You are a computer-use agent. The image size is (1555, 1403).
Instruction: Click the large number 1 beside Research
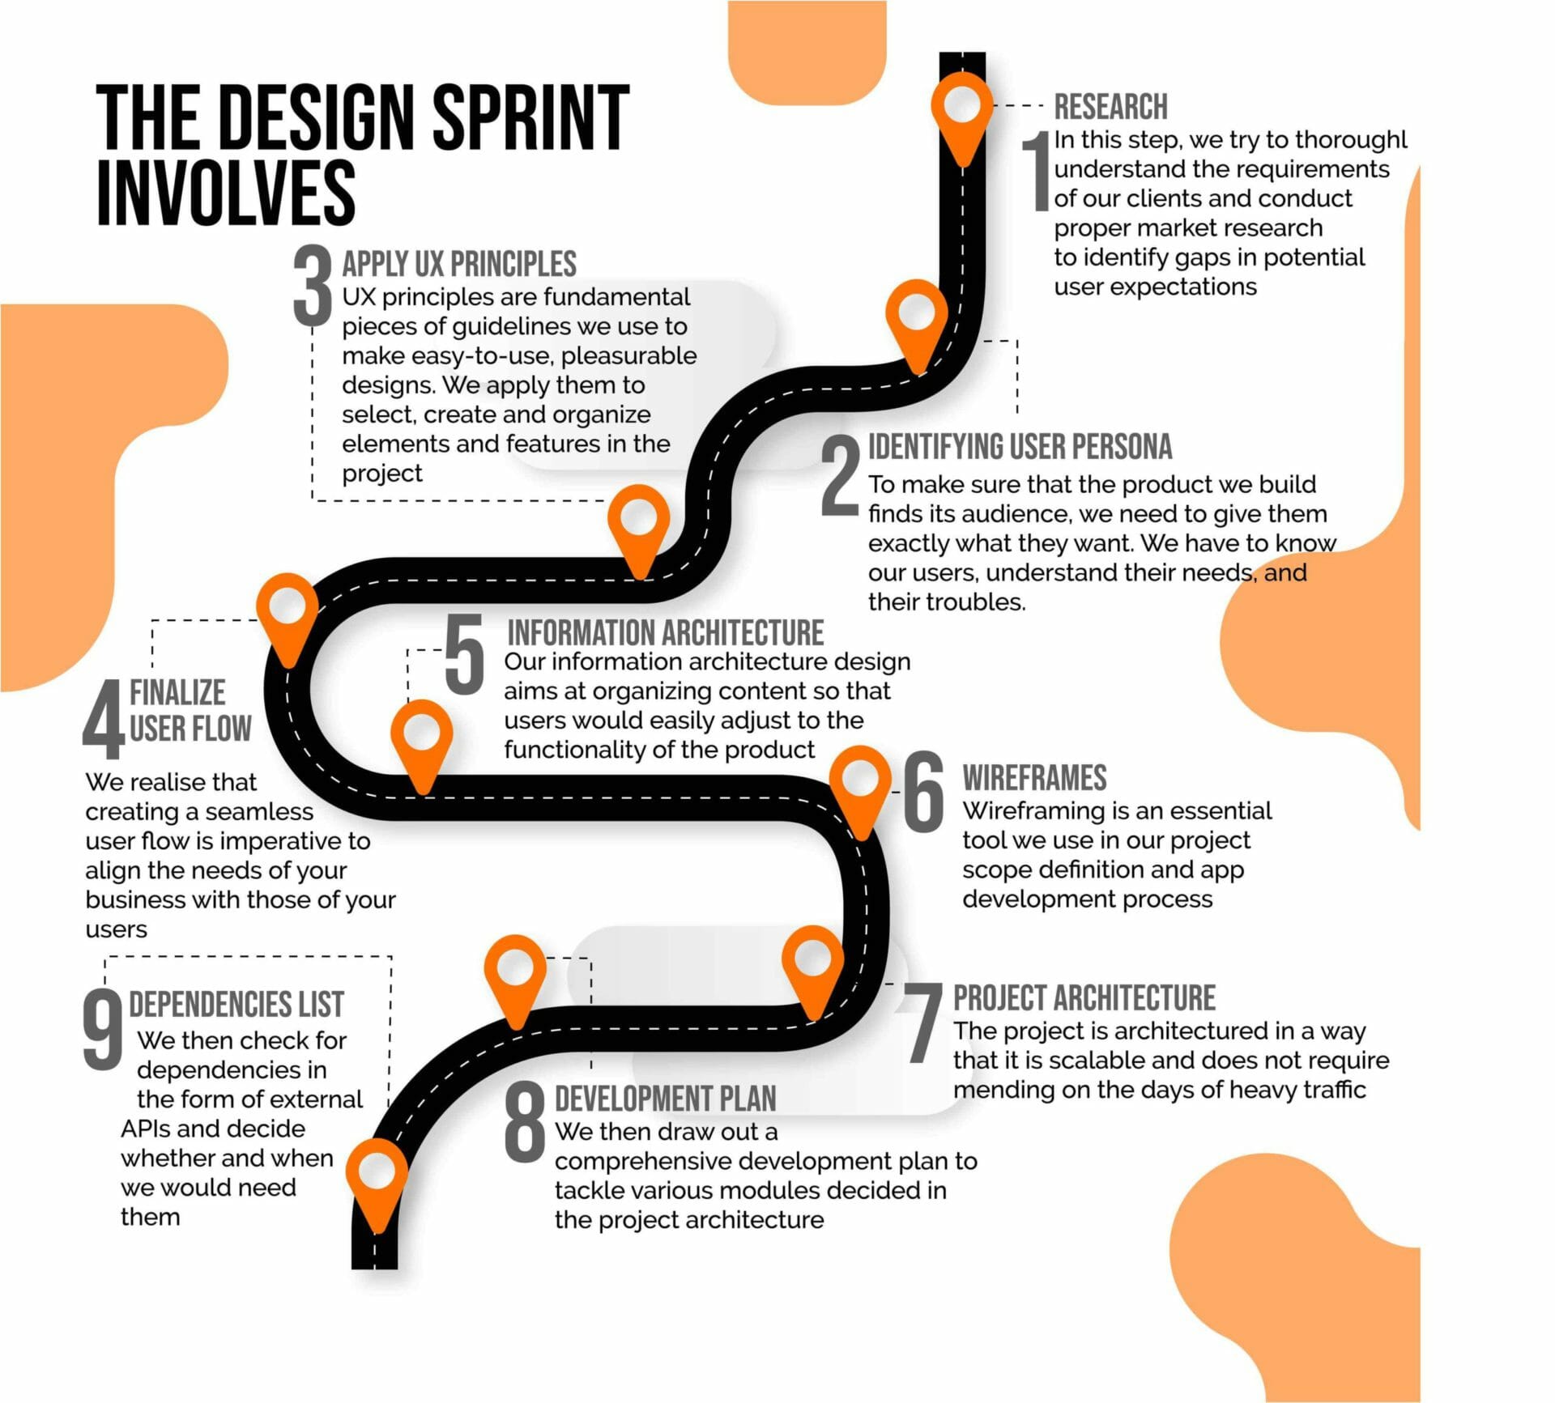(1035, 172)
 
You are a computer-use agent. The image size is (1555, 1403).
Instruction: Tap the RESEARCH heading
(1110, 107)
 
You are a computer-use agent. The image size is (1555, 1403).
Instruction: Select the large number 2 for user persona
(839, 476)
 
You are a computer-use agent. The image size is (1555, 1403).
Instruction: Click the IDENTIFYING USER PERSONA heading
(1020, 447)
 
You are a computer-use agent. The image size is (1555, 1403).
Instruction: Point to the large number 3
(313, 286)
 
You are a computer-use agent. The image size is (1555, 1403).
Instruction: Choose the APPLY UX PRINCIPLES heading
(458, 264)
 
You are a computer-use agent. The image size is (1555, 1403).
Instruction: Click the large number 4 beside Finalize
(103, 719)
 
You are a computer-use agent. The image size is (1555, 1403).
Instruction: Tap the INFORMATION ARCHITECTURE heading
(665, 632)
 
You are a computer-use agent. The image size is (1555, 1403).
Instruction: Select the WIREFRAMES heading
(1034, 778)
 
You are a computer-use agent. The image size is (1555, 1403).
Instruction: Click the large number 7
(922, 1023)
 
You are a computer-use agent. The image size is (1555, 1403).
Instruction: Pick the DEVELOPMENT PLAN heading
(665, 1099)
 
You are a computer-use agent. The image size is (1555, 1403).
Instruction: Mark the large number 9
(103, 1030)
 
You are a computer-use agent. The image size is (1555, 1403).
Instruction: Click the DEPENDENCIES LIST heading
(236, 1005)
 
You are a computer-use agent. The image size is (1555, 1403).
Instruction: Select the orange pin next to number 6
(860, 785)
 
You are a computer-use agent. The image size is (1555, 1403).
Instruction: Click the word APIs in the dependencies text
(145, 1129)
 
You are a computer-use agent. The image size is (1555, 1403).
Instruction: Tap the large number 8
(525, 1123)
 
